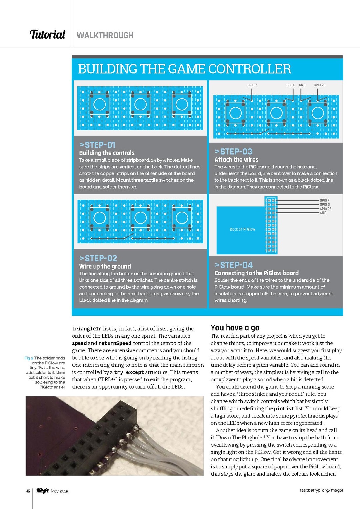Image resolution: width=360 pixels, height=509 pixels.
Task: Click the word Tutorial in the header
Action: pyautogui.click(x=47, y=34)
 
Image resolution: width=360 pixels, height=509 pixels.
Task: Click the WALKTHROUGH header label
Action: pyautogui.click(x=105, y=35)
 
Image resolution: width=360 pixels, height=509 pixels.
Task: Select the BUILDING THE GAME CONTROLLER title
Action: pyautogui.click(x=184, y=69)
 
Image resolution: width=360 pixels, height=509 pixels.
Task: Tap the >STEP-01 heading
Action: pyautogui.click(x=97, y=145)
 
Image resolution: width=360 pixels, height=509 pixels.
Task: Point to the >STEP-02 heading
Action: pyautogui.click(x=98, y=258)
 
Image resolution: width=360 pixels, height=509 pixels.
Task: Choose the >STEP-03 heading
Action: pyautogui.click(x=233, y=152)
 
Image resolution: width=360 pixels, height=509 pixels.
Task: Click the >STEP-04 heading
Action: pyautogui.click(x=234, y=265)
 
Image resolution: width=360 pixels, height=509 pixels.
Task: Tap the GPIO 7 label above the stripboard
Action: pyautogui.click(x=252, y=85)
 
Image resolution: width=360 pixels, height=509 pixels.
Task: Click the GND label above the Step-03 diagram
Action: pyautogui.click(x=302, y=85)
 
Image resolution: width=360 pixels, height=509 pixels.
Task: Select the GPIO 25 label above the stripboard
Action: pyautogui.click(x=319, y=85)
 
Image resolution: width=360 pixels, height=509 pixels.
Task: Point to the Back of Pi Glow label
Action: pyautogui.click(x=242, y=229)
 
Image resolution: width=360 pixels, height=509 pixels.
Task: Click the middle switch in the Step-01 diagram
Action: pyautogui.click(x=140, y=104)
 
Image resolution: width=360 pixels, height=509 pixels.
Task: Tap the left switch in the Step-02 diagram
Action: pyautogui.click(x=100, y=218)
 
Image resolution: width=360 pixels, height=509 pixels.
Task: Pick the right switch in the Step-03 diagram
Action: pyautogui.click(x=318, y=113)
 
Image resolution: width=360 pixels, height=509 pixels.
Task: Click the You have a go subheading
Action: pyautogui.click(x=235, y=328)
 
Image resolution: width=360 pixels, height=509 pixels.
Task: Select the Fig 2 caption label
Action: pyautogui.click(x=29, y=358)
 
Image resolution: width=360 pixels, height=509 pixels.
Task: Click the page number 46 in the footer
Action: pyautogui.click(x=28, y=491)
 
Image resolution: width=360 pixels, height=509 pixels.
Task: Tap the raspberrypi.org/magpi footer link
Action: pyautogui.click(x=321, y=490)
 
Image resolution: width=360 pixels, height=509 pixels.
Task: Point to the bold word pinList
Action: pyautogui.click(x=284, y=409)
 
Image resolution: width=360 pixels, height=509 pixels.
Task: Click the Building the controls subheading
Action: pyautogui.click(x=107, y=153)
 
